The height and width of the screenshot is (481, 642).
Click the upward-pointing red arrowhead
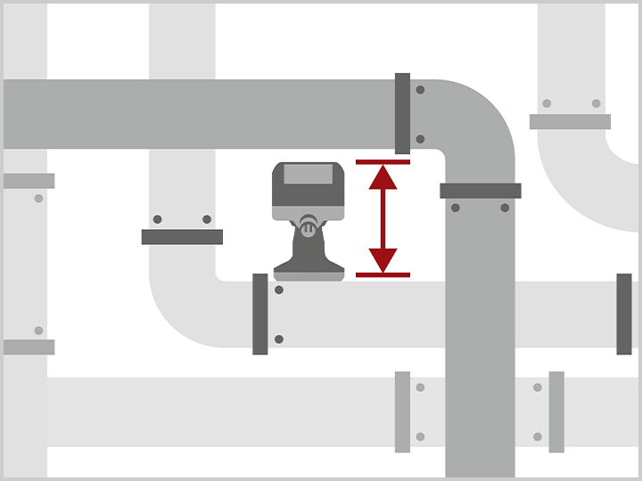pyautogui.click(x=383, y=177)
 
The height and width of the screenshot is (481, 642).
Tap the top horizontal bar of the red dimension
pyautogui.click(x=383, y=162)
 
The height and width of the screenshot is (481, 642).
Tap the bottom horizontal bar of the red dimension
pyautogui.click(x=383, y=274)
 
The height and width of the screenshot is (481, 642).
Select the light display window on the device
pyautogui.click(x=308, y=175)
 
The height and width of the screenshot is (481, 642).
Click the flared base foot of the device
pyautogui.click(x=309, y=266)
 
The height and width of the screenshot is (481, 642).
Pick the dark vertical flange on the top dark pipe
pyautogui.click(x=402, y=113)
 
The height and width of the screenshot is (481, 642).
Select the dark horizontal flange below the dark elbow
pyautogui.click(x=480, y=191)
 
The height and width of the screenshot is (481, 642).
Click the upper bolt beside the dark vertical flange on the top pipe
pyautogui.click(x=420, y=90)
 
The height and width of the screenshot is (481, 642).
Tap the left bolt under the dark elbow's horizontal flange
pyautogui.click(x=456, y=208)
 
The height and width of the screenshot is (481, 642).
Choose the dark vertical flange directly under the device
pyautogui.click(x=260, y=314)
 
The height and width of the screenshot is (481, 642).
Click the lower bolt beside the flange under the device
pyautogui.click(x=279, y=338)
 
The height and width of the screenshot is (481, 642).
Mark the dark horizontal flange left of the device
pyautogui.click(x=182, y=237)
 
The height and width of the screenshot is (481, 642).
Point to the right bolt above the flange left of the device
pyautogui.click(x=207, y=219)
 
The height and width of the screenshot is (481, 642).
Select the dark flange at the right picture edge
pyautogui.click(x=624, y=314)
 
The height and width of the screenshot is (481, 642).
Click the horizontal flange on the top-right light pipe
pyautogui.click(x=570, y=122)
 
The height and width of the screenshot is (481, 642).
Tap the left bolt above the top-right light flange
pyautogui.click(x=547, y=103)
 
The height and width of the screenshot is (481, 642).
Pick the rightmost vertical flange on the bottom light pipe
pyautogui.click(x=556, y=412)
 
